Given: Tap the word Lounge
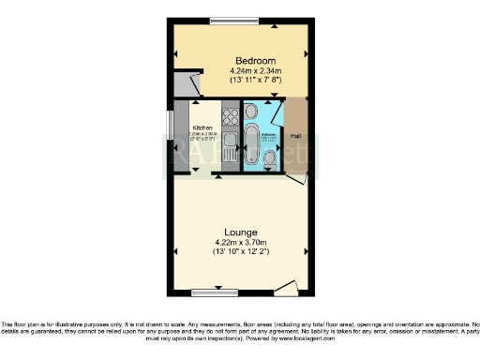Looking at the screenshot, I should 241,232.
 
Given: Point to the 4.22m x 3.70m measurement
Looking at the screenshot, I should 241,243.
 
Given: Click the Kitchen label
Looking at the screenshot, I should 202,127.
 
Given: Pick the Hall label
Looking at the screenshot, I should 295,137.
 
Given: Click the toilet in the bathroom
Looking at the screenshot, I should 270,160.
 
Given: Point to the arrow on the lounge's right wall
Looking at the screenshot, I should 307,251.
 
